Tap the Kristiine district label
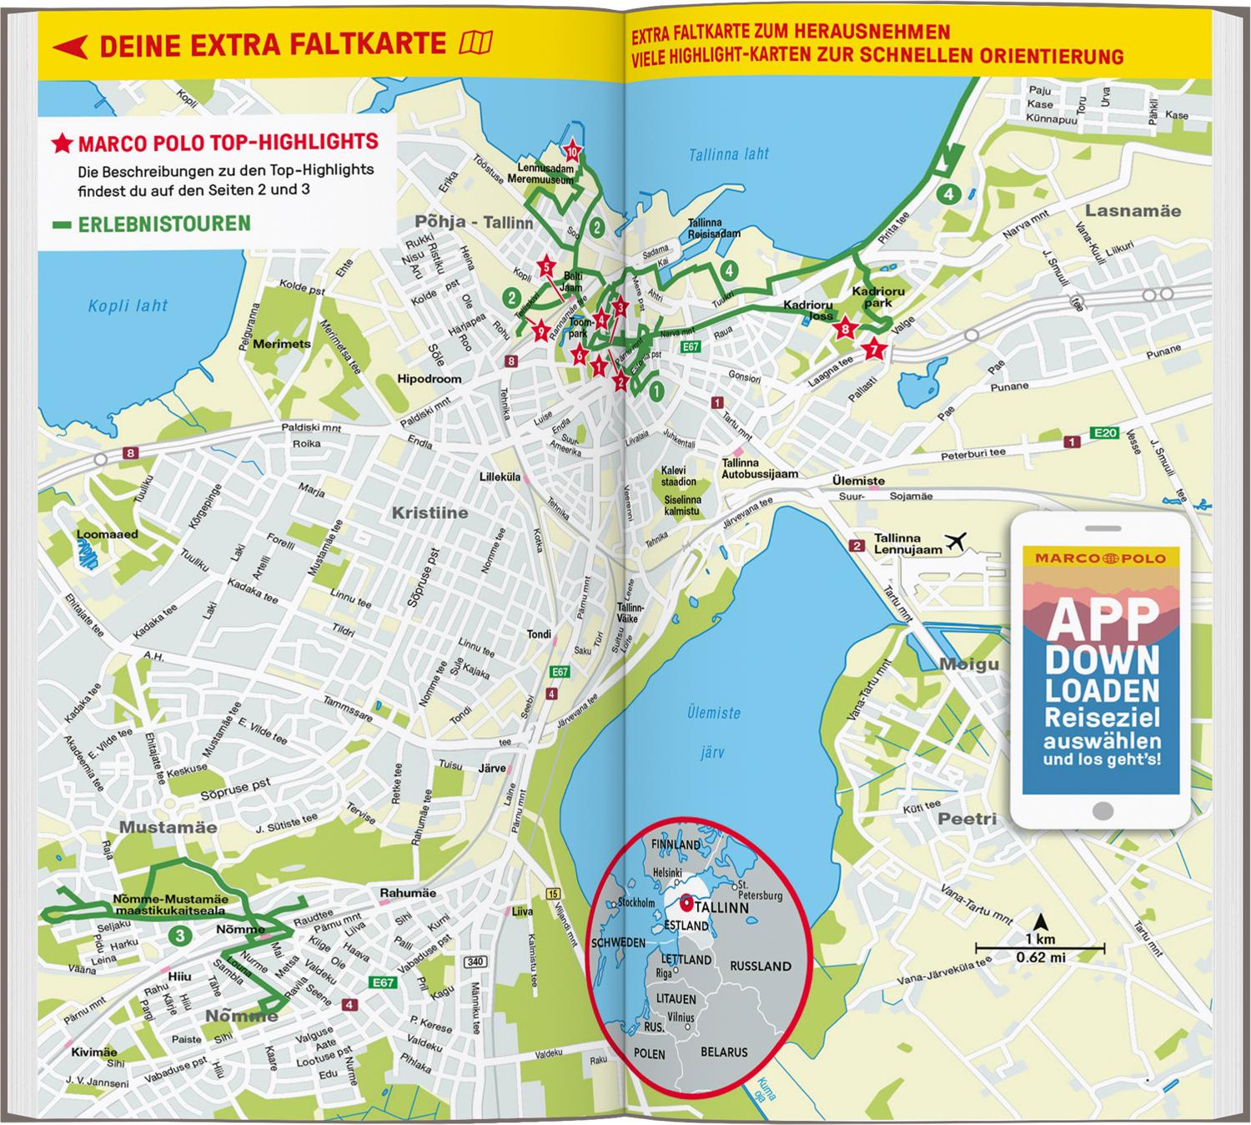[430, 512]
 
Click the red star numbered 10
[572, 152]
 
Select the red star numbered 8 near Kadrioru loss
[846, 329]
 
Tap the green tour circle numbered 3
[180, 936]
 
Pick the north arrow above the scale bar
[1041, 923]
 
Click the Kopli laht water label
[128, 306]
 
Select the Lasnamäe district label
[1133, 211]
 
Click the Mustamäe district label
[168, 827]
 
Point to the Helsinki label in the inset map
[668, 872]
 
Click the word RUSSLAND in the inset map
[760, 966]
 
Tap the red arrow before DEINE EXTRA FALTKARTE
[70, 46]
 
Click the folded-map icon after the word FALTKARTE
[475, 43]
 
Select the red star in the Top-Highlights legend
[62, 144]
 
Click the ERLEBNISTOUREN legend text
[163, 224]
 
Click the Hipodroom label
[430, 379]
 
